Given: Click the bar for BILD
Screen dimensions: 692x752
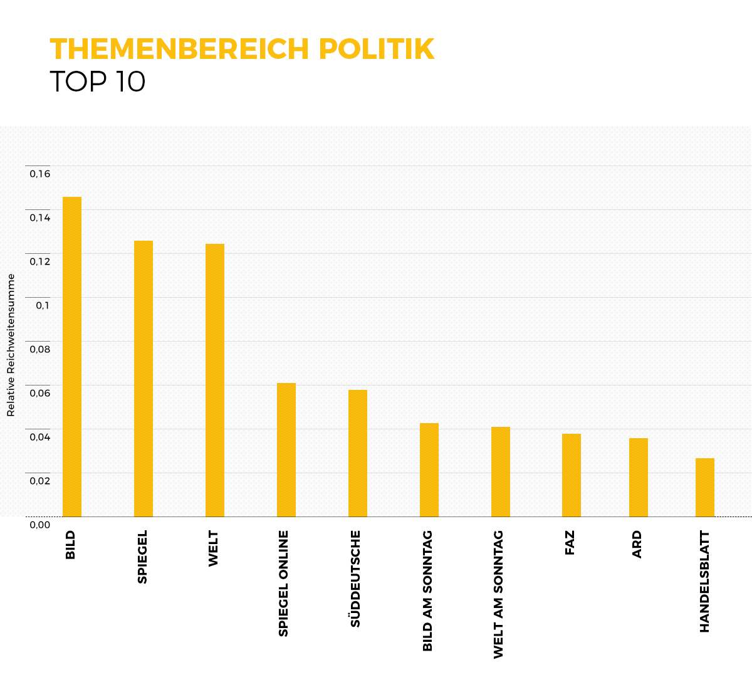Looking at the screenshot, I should click(72, 357).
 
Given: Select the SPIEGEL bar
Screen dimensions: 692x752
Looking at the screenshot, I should click(144, 379).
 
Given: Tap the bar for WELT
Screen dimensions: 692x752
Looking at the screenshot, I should click(215, 380).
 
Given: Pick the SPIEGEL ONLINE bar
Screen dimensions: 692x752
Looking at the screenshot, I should click(286, 450).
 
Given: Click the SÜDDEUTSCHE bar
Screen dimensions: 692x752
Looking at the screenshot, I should click(358, 453).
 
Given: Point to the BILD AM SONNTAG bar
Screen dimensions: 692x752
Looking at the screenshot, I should click(429, 470).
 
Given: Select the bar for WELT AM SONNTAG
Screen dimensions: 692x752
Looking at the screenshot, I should click(501, 472).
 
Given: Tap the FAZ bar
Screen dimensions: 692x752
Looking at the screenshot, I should click(572, 475).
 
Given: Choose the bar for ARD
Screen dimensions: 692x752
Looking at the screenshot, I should click(639, 478).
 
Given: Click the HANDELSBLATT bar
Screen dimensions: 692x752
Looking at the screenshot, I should click(705, 488).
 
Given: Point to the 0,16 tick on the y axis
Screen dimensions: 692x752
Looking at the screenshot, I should click(39, 174).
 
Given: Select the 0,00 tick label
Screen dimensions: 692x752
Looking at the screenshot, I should click(39, 525).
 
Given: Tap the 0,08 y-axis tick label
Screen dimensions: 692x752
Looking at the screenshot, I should click(39, 349).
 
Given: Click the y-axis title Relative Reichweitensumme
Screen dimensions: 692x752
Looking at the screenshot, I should click(11, 345).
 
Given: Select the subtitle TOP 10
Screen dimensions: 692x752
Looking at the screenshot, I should click(97, 82).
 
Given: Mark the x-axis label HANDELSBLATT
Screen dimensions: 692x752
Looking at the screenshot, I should click(704, 582).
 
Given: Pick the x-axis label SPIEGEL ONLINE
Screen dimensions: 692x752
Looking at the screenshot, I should click(284, 584).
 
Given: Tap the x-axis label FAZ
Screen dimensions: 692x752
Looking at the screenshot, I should click(570, 543).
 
